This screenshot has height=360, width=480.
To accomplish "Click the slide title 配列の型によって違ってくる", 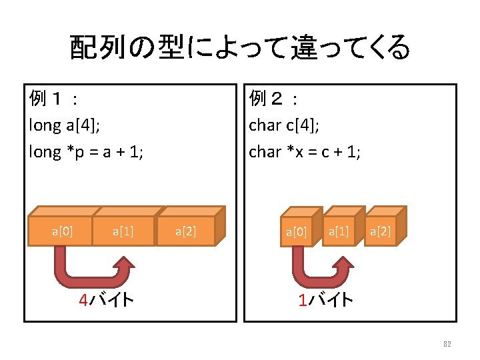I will [x=239, y=47].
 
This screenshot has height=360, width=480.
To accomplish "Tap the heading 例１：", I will [x=54, y=99].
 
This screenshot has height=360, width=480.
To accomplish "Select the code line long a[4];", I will [x=65, y=125].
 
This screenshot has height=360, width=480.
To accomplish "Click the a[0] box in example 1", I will [x=62, y=231].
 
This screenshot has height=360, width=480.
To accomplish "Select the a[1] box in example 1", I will [x=123, y=231].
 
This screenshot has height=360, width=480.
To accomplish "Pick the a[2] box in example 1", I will [x=185, y=232].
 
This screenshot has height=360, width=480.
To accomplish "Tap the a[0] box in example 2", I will [x=296, y=233].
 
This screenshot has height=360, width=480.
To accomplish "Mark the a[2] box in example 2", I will [x=380, y=231].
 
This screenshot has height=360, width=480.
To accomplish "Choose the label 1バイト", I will [x=326, y=301].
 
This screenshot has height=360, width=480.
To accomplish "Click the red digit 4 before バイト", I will [x=83, y=301].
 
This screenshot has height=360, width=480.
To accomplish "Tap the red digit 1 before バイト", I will [x=303, y=301].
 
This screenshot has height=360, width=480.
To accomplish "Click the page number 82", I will [x=447, y=344].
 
